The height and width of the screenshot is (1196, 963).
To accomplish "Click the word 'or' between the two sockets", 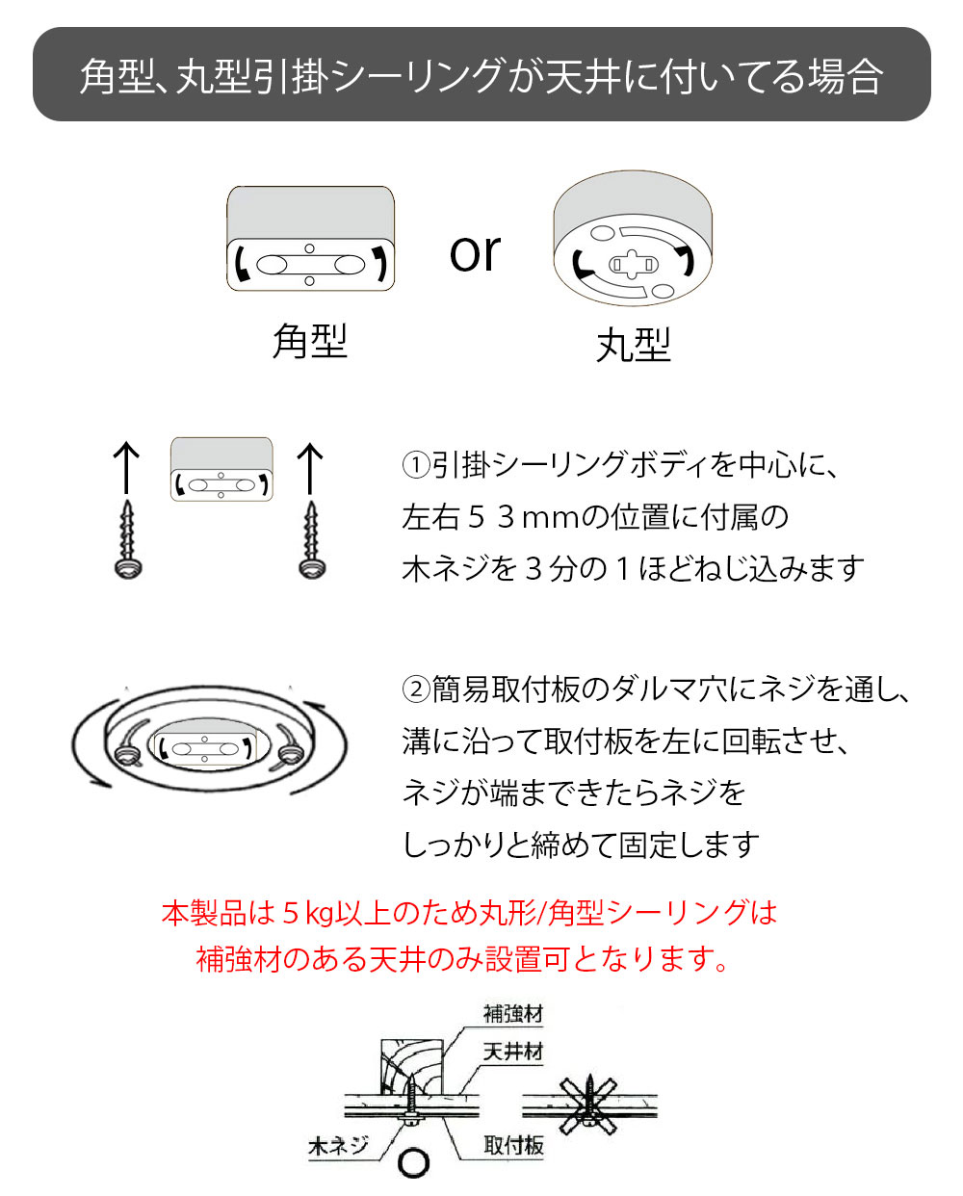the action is point(475,253).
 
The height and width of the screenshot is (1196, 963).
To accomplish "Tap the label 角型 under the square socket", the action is point(309,342).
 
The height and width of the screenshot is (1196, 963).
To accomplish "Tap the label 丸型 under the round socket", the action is point(633,345).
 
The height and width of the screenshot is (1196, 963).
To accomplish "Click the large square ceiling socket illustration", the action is point(310,240).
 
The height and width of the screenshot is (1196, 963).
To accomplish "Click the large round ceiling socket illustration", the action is point(633,240).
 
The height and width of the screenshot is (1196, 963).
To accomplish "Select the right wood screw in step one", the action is point(311,539).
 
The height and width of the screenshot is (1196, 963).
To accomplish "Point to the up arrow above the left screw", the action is point(127,467).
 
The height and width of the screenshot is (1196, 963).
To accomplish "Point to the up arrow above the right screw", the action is point(309,467).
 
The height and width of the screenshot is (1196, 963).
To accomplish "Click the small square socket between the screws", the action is point(221,469).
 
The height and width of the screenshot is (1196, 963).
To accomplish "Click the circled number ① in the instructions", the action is point(415,466).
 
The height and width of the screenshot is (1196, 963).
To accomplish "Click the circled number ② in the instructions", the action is point(415,690).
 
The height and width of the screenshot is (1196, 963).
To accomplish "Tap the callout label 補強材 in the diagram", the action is point(513,1014).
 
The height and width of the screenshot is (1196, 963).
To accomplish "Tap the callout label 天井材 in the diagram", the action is point(513,1053).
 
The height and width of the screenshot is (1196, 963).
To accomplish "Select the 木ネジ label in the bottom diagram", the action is point(338,1146).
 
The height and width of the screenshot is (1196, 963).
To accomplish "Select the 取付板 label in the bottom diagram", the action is point(513,1145).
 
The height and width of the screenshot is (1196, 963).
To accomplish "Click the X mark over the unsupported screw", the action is point(589,1105).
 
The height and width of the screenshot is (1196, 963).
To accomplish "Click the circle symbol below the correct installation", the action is point(414,1163).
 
